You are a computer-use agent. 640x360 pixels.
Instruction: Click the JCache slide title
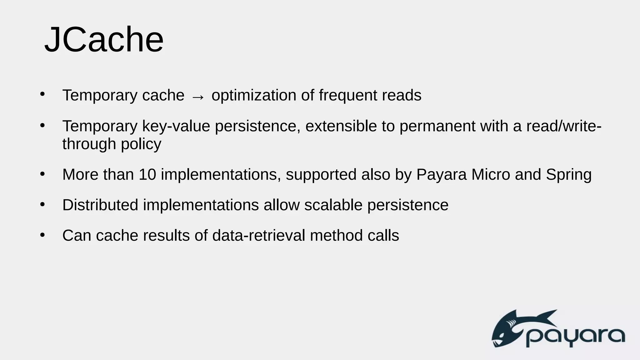pos(104,40)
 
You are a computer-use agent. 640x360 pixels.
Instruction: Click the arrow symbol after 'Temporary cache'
pos(198,97)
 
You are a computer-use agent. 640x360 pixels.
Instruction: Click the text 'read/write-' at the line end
pos(564,126)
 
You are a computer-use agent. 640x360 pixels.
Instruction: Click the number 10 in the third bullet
pos(147,174)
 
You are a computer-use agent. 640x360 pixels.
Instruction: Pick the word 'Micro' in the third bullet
pos(491,174)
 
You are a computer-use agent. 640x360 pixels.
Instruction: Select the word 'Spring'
pos(568,175)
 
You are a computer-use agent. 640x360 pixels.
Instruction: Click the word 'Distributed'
pos(100,205)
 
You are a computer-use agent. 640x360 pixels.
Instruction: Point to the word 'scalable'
pos(333,205)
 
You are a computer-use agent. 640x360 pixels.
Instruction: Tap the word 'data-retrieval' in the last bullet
pos(258,235)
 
